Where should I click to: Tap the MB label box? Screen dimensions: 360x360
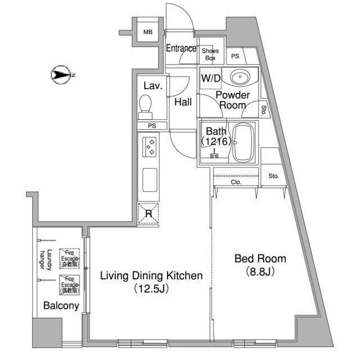pyautogui.click(x=147, y=32)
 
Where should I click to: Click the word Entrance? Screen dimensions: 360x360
pyautogui.click(x=181, y=48)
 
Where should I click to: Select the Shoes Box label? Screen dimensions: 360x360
pyautogui.click(x=210, y=54)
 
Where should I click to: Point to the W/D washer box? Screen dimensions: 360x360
pyautogui.click(x=211, y=79)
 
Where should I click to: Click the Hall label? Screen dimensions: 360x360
pyautogui.click(x=183, y=102)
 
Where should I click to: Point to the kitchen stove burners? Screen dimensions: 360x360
pyautogui.click(x=150, y=147)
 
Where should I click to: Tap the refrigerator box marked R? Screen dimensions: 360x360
pyautogui.click(x=148, y=213)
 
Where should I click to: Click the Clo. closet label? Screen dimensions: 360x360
pyautogui.click(x=235, y=182)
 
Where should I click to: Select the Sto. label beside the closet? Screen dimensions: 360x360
pyautogui.click(x=273, y=176)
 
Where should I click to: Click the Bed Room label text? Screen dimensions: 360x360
pyautogui.click(x=260, y=259)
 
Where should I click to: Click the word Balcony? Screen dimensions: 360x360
pyautogui.click(x=61, y=306)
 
